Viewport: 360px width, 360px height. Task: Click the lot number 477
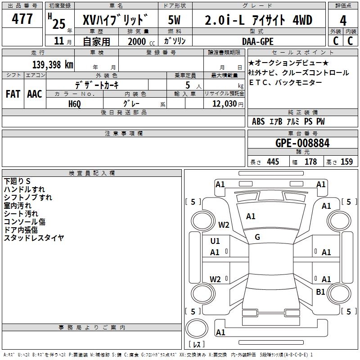coord(22,19)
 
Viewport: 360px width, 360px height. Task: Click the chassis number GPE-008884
coord(302,143)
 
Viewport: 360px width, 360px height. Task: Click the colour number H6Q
coord(75,103)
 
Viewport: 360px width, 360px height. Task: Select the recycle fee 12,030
coord(222,103)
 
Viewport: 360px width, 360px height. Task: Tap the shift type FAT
coord(13,94)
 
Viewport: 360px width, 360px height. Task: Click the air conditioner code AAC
coord(35,94)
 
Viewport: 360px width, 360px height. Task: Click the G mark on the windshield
coord(257,237)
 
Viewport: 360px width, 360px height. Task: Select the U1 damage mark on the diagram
coord(215,241)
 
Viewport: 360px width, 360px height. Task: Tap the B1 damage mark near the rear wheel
coord(320,292)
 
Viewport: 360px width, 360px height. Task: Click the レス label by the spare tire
coord(198,344)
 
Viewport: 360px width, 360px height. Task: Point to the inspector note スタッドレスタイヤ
coord(34,238)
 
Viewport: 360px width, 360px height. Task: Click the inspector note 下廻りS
coord(17,181)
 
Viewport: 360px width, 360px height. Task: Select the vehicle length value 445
coord(272,162)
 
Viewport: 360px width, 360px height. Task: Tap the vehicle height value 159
coord(346,162)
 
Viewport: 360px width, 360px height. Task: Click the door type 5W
coord(175,20)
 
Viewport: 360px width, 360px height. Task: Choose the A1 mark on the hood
coord(251,216)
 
